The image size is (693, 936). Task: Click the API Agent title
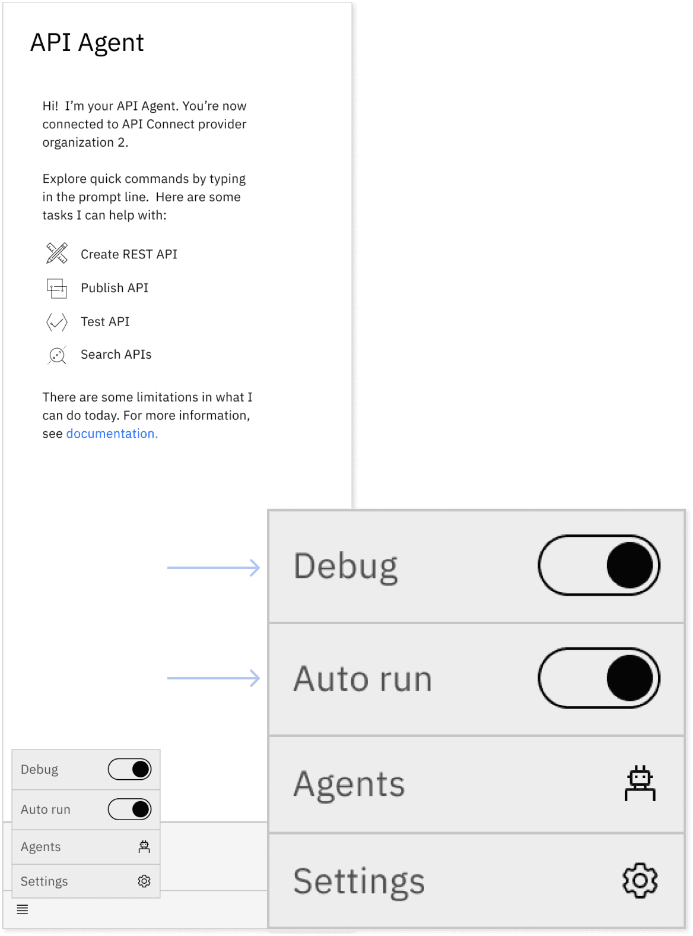(87, 43)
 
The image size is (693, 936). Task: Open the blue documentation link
(112, 434)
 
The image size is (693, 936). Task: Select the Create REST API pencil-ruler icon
(56, 253)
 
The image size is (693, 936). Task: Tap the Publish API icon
(56, 288)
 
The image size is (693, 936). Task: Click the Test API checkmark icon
(56, 322)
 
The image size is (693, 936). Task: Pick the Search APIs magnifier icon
(56, 355)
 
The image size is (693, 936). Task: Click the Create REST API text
(129, 254)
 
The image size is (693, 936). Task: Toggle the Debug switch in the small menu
(129, 769)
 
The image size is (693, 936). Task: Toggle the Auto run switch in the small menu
(129, 809)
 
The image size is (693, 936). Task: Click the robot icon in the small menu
(144, 846)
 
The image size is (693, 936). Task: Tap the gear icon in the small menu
(144, 881)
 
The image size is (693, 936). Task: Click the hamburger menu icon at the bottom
(23, 909)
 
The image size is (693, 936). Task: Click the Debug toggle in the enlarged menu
(599, 565)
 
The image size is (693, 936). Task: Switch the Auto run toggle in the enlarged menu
(599, 678)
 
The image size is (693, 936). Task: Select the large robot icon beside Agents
(640, 783)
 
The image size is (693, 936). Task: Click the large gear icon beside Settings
(640, 880)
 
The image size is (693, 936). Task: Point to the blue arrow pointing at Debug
(213, 568)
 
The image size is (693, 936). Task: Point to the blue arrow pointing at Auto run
(213, 678)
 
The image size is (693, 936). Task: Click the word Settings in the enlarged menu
(359, 882)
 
